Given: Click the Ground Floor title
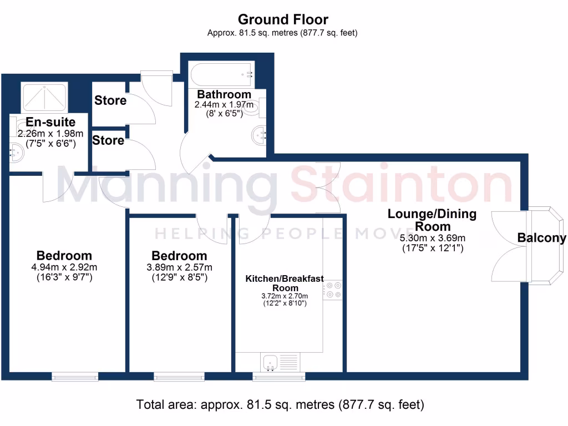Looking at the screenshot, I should [283, 21].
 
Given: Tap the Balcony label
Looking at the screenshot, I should [541, 239].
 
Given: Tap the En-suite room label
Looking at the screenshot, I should [50, 121].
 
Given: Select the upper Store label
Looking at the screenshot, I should [110, 100].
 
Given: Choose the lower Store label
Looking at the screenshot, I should [108, 141].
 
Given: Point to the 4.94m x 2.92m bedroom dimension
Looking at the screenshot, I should [64, 267].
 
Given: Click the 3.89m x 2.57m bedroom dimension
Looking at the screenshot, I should [179, 267].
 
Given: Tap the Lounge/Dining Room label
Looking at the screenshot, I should [432, 220].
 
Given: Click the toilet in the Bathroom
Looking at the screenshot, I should [255, 109].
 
